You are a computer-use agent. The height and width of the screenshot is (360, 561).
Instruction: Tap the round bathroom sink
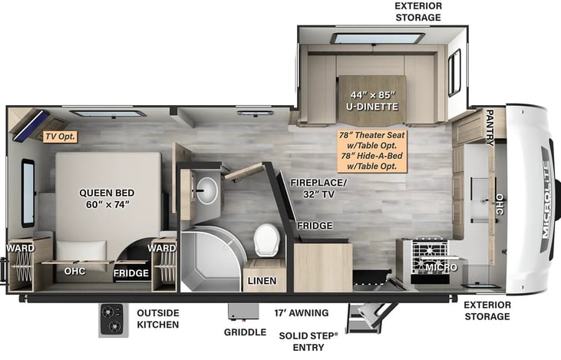(206, 190)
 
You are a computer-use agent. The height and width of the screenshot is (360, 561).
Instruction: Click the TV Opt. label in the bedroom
(61, 137)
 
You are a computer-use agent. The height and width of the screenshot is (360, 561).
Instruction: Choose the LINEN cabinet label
(262, 281)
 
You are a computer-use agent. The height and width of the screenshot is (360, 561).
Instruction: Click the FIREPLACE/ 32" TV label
(318, 188)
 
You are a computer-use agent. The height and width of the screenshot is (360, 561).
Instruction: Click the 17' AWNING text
(301, 312)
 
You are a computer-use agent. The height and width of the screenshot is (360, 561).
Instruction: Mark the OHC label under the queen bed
(75, 271)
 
